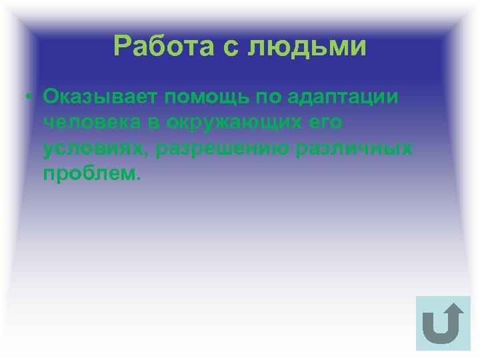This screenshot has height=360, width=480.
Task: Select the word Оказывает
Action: [x=100, y=97]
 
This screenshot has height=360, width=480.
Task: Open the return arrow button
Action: [x=443, y=323]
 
